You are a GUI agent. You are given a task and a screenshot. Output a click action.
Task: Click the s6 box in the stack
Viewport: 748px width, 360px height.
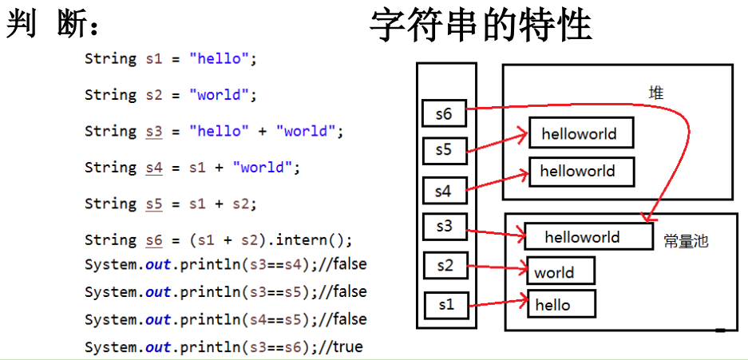pyautogui.click(x=444, y=114)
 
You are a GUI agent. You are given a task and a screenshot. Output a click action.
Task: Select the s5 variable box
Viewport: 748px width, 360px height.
pyautogui.click(x=444, y=148)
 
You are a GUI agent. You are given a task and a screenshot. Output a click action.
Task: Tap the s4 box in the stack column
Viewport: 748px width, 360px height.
pyautogui.click(x=444, y=191)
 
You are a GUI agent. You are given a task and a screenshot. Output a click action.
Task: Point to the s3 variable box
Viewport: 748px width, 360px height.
pyautogui.click(x=444, y=227)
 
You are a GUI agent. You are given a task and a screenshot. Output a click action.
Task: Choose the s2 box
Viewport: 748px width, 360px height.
pyautogui.click(x=444, y=266)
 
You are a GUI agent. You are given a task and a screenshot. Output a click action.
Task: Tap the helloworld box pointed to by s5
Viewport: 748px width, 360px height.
pyautogui.click(x=580, y=134)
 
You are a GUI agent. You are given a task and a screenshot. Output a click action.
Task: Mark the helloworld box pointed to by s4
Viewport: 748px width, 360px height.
pyautogui.click(x=581, y=171)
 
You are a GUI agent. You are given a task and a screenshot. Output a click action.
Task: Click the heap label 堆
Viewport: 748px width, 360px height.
pyautogui.click(x=656, y=93)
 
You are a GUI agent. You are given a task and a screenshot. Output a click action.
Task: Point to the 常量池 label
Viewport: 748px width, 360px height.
pyautogui.click(x=686, y=240)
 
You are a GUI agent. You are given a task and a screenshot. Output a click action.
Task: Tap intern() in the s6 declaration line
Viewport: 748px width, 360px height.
pyautogui.click(x=321, y=240)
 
